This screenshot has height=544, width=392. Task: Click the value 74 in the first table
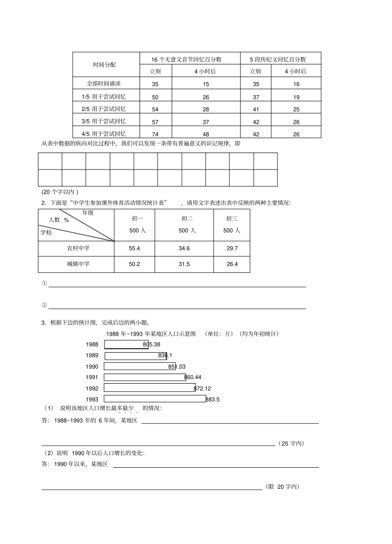pos(155,134)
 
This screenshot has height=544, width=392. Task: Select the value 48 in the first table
pos(206,134)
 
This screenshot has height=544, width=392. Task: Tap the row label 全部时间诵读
pos(104,83)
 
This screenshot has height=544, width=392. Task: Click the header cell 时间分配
pos(104,65)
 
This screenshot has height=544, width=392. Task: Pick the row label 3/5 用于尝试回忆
pos(104,121)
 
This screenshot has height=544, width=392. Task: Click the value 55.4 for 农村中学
pos(135,248)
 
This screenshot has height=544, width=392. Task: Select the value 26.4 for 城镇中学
pos(232,264)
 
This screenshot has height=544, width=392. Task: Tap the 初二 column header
pos(187,219)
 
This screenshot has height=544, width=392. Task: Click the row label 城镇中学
pos(78,264)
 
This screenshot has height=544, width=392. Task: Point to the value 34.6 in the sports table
pos(184,248)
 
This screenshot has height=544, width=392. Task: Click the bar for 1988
pos(126,344)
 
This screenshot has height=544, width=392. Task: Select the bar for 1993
pos(155,399)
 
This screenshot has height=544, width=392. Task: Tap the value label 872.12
pos(202,389)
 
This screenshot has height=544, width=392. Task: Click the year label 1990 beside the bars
pos(92,367)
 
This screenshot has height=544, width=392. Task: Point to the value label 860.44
pos(193,377)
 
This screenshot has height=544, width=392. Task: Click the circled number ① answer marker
pos(44,283)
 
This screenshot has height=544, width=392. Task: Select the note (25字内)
pos(292,443)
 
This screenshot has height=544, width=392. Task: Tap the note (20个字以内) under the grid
pos(60,192)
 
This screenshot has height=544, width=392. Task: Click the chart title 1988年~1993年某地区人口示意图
pos(151,334)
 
